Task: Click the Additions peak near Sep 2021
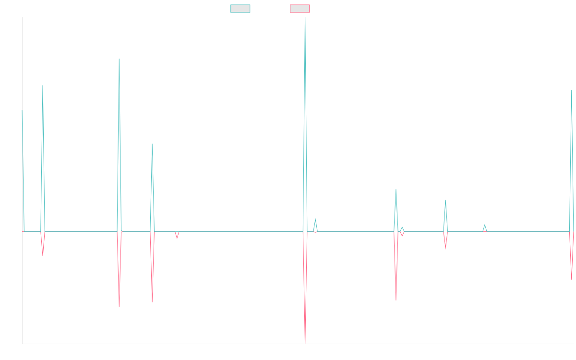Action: (119, 59)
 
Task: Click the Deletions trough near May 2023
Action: (305, 343)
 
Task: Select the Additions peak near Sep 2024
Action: (445, 201)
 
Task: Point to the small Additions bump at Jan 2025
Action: (485, 225)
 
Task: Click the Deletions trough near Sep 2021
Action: (119, 306)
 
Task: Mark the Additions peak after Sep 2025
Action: (572, 90)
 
